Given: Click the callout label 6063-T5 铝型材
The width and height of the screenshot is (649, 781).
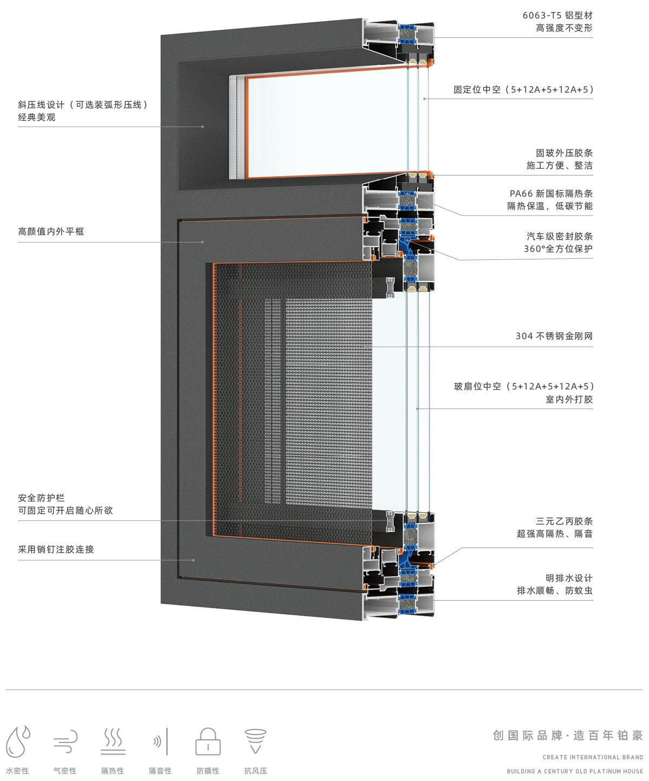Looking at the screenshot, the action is click(557, 15).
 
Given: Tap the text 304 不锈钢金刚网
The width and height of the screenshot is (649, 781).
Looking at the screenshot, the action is click(554, 336).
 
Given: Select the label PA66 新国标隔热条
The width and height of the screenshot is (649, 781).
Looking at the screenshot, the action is click(551, 193).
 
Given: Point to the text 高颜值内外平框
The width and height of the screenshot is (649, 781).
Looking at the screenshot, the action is click(51, 231).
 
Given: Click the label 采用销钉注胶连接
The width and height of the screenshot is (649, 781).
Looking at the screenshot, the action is click(56, 550).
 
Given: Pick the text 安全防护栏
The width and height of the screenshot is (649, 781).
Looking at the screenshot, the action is click(41, 498).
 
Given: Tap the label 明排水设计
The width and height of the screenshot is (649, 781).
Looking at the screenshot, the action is click(569, 578).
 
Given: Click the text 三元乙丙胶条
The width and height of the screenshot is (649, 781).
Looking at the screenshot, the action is click(564, 521).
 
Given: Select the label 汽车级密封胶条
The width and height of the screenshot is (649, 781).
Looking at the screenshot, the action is click(560, 236).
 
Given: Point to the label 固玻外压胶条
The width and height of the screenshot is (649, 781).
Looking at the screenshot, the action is click(564, 153).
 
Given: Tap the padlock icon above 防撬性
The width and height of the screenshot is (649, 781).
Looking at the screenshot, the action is click(208, 741).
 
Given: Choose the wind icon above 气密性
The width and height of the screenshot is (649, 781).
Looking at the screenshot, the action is click(66, 741).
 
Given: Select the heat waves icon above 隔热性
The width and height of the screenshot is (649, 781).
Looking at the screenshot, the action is click(113, 741).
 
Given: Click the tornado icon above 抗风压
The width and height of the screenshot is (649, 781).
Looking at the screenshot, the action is click(256, 741).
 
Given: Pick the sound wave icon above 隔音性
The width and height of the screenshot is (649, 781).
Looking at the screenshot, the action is click(160, 741).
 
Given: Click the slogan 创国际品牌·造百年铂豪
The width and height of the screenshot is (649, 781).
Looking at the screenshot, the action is click(568, 735).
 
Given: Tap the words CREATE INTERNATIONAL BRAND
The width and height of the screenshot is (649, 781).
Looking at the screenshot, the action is click(593, 757).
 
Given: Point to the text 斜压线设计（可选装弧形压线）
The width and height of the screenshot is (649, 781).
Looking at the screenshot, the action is click(83, 105).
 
